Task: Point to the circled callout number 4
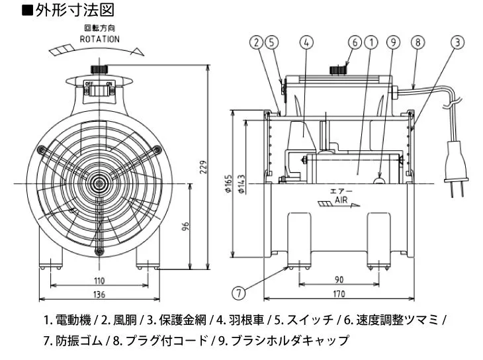(306, 43)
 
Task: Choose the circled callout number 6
(355, 43)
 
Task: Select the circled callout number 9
(394, 43)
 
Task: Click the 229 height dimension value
(203, 168)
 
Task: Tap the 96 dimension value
(187, 226)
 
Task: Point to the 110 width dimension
(99, 281)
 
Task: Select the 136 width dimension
(99, 294)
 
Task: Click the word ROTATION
(100, 39)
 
